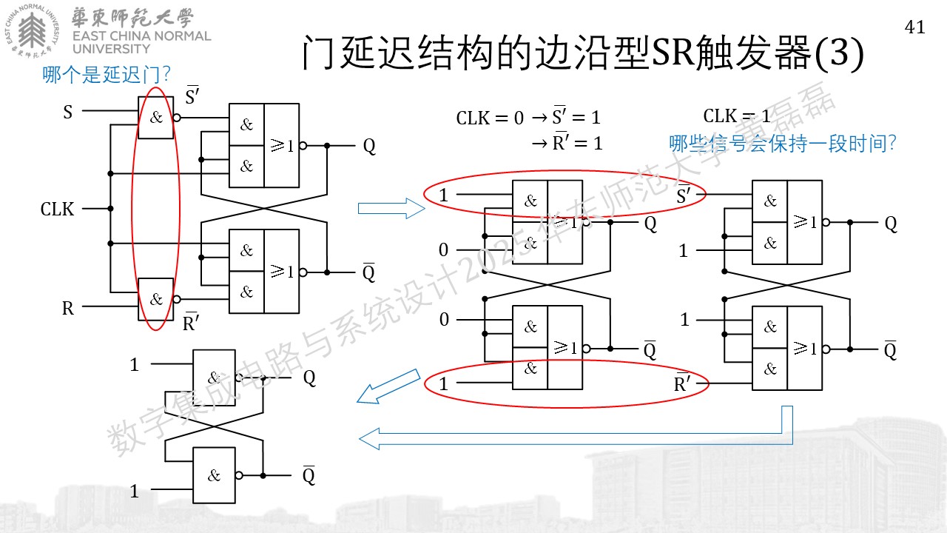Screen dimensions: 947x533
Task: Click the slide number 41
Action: click(x=915, y=27)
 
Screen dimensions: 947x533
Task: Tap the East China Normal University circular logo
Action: click(x=33, y=31)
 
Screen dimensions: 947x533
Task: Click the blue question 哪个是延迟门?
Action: click(x=106, y=75)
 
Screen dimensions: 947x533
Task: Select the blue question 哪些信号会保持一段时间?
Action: click(x=782, y=144)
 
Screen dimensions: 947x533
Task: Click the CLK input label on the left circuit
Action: click(x=57, y=209)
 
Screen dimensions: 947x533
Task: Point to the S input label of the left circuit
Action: click(x=68, y=112)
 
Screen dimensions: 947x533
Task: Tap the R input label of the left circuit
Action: click(x=68, y=308)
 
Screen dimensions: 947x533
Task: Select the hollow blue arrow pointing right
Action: click(x=391, y=209)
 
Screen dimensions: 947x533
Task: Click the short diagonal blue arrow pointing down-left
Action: click(x=388, y=386)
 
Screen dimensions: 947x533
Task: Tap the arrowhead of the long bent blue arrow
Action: click(x=369, y=439)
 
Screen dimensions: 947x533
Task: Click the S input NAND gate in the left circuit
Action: click(x=156, y=118)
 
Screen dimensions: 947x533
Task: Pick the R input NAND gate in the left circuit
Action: click(x=156, y=299)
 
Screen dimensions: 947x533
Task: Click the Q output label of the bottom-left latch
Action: click(x=309, y=378)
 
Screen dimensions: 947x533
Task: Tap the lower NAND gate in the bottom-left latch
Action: click(x=214, y=475)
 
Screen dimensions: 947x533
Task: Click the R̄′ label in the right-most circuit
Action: click(x=682, y=383)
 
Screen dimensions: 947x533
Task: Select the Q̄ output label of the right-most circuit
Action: click(x=890, y=350)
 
